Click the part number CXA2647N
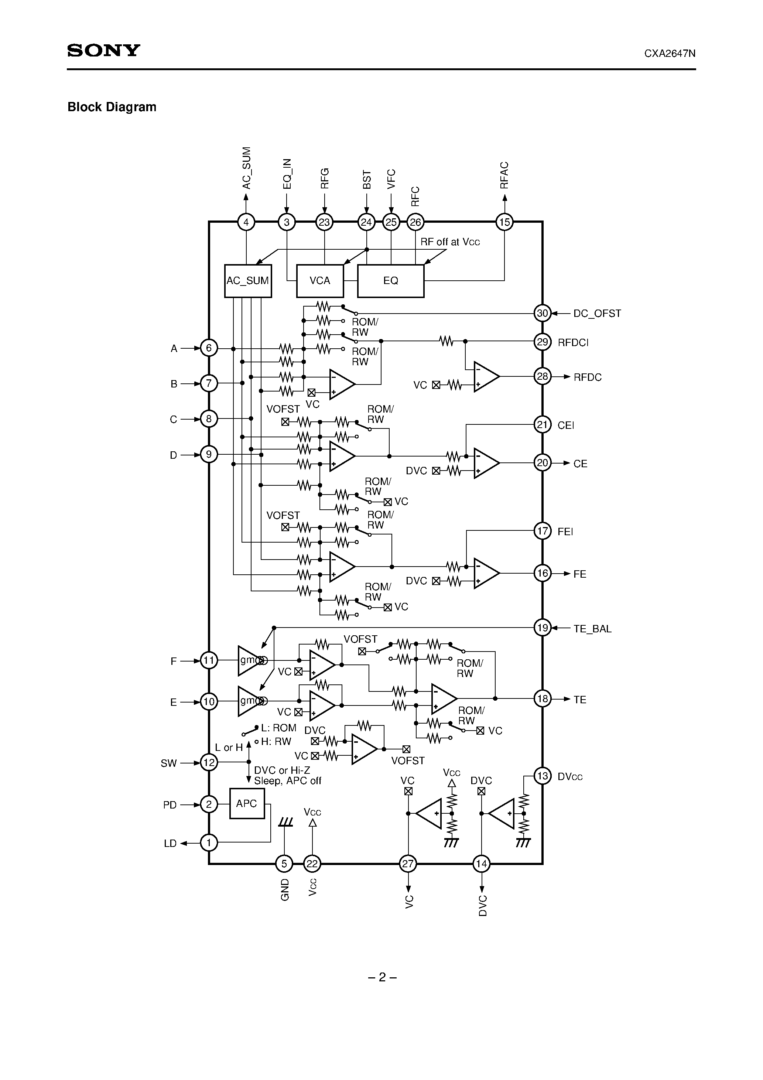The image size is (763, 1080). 670,54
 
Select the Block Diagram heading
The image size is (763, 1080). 112,107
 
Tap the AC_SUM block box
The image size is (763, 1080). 248,281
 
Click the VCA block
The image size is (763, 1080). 320,281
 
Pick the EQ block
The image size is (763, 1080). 390,281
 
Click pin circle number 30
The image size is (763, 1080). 543,313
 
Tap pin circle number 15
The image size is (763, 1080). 504,222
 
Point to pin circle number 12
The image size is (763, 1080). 209,762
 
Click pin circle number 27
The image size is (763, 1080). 408,864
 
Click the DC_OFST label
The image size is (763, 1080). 597,314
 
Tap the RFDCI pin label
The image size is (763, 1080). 573,342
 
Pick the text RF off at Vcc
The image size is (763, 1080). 450,242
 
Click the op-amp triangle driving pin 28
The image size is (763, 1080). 485,376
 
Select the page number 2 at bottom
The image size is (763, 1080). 382,977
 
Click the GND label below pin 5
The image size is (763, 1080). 285,889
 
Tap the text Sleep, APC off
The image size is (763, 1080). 287,781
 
